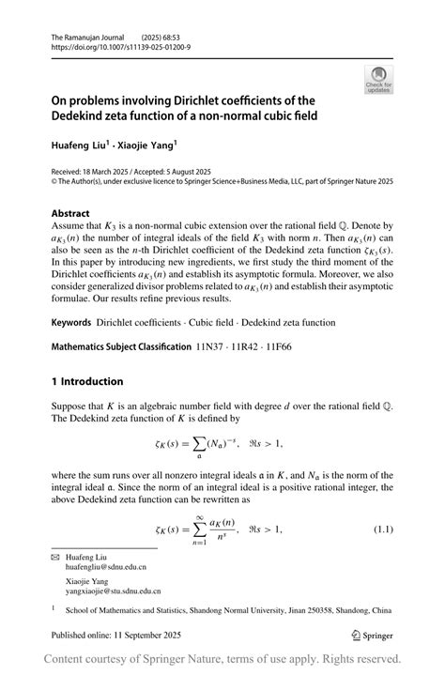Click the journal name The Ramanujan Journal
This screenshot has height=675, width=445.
88,35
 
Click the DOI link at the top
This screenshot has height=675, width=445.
120,45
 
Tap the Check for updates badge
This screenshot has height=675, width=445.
378,79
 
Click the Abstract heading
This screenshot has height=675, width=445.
70,213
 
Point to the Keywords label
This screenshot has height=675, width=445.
71,322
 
